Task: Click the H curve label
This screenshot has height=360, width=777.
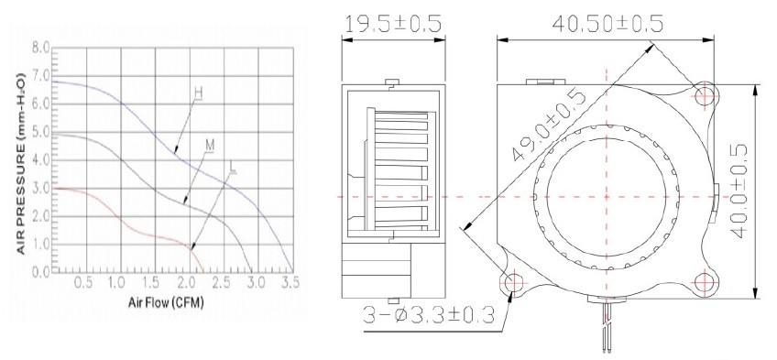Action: (198, 93)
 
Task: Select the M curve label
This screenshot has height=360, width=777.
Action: (210, 145)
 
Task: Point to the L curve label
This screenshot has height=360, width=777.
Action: (233, 168)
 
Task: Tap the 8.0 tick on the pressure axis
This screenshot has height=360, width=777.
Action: (40, 48)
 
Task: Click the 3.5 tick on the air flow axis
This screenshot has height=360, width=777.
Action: (290, 282)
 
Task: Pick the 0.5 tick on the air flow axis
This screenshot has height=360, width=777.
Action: (82, 282)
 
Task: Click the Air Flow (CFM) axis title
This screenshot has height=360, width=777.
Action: (166, 302)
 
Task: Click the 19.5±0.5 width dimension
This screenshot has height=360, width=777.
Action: (393, 23)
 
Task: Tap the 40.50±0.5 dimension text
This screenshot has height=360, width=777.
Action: (607, 23)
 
